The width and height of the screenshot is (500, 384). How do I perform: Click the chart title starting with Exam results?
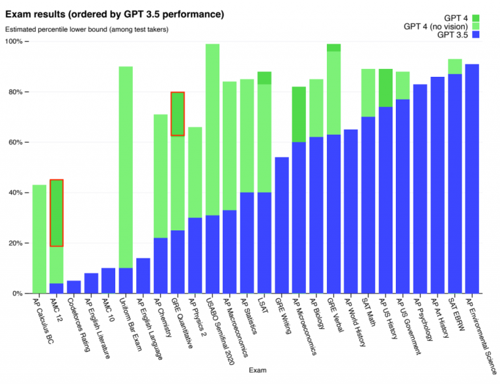(115, 13)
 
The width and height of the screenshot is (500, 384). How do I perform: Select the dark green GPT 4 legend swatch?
(476, 18)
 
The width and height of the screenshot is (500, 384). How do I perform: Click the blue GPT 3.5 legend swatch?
(476, 36)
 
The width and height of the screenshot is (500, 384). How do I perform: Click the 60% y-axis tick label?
(15, 142)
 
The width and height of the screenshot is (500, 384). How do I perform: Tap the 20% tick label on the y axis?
(15, 243)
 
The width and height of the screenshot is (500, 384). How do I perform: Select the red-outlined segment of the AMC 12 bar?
(57, 213)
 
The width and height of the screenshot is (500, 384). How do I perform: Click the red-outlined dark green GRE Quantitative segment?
(177, 114)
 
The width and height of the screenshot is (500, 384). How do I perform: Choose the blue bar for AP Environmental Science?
(472, 179)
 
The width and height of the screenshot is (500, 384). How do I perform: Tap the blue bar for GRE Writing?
(282, 225)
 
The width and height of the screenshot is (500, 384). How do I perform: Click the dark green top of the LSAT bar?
(264, 77)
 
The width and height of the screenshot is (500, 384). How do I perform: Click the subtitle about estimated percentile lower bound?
(87, 29)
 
